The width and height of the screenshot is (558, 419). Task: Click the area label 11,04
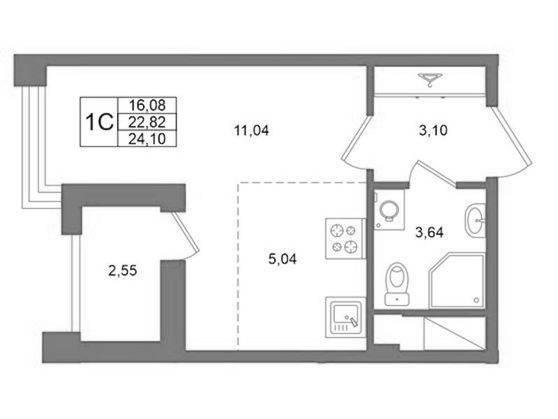click(251, 131)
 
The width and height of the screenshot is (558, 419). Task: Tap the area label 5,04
click(283, 259)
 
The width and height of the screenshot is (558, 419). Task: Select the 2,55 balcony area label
click(123, 271)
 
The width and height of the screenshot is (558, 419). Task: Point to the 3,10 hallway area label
click(433, 131)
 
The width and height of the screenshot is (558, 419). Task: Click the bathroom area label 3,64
click(429, 233)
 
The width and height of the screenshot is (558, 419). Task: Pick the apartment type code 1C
click(99, 122)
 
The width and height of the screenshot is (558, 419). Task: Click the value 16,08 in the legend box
click(147, 105)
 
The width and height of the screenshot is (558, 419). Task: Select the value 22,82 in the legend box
click(147, 122)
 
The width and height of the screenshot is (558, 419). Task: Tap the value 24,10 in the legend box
click(147, 139)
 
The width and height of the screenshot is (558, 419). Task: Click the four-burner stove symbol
click(345, 239)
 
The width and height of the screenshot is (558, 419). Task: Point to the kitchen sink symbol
click(345, 318)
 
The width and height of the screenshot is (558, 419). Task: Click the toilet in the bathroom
click(397, 284)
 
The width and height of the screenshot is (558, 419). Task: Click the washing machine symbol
click(389, 209)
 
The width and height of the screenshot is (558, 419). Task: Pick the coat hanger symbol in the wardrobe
click(430, 79)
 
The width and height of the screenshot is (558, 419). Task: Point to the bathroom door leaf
click(437, 173)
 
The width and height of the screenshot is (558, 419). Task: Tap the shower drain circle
click(477, 300)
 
